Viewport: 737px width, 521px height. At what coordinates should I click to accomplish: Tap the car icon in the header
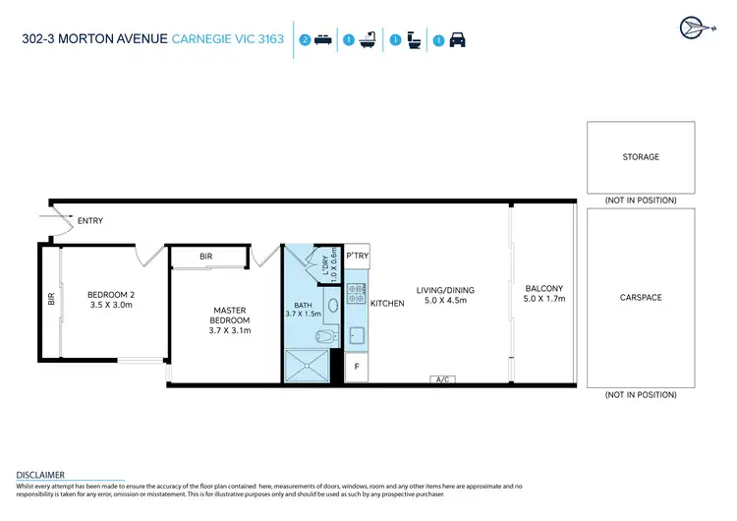[x=457, y=40]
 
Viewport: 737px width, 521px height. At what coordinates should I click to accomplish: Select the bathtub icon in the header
[x=369, y=40]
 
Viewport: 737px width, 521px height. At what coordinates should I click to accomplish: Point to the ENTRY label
[x=89, y=221]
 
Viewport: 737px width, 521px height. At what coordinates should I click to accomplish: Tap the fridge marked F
[x=356, y=368]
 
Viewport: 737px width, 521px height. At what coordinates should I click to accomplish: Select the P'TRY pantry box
[x=356, y=256]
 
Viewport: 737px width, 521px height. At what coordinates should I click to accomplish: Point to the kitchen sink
[x=357, y=336]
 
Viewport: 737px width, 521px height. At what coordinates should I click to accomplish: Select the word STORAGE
[x=640, y=157]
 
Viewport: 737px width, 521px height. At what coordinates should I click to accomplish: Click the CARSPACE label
[x=640, y=296]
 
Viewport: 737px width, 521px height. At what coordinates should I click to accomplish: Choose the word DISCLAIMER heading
[x=40, y=474]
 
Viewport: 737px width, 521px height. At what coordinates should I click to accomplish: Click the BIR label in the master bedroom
[x=205, y=256]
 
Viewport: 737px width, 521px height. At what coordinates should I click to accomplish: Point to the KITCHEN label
[x=387, y=304]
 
